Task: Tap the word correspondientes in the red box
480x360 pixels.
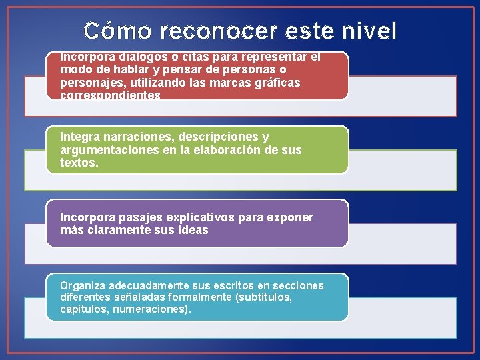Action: [x=110, y=95]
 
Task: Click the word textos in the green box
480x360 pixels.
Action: [x=77, y=163]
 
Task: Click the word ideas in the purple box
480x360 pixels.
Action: [x=192, y=230]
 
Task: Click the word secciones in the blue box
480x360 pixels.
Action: [x=298, y=285]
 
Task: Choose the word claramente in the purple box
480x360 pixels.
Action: [x=108, y=230]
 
